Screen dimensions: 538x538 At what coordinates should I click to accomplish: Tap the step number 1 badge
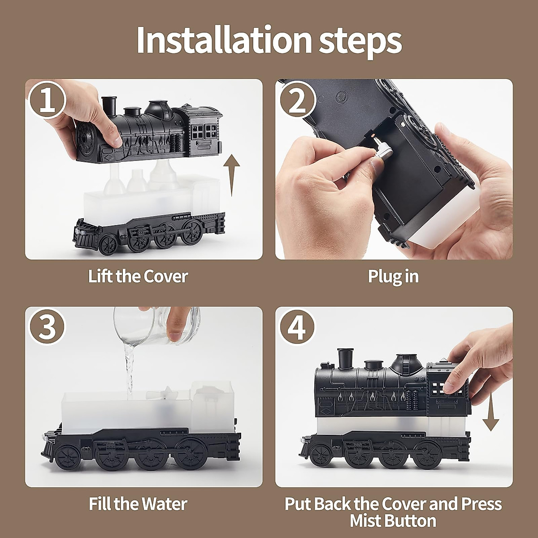click(47, 100)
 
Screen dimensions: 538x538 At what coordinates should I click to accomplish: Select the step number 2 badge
click(297, 100)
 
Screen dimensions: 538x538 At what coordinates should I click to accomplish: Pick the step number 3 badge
click(47, 327)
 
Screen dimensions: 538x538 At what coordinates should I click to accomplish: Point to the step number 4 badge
click(297, 327)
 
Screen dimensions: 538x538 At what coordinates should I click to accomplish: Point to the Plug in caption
click(393, 277)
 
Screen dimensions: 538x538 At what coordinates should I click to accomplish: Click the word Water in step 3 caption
click(165, 504)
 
